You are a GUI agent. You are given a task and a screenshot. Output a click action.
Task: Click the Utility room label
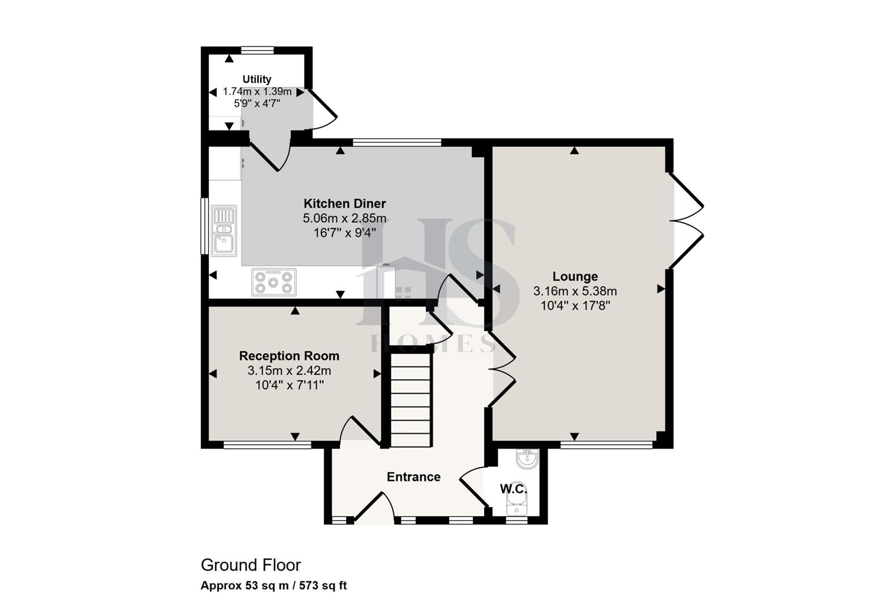click(257, 79)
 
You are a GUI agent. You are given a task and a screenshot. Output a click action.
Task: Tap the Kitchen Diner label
click(344, 204)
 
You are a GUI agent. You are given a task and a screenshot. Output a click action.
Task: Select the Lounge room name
click(575, 277)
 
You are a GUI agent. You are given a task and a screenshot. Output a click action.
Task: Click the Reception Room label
click(289, 356)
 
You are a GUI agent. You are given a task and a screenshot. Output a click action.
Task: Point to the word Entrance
click(413, 477)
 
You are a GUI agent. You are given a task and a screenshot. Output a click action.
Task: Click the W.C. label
click(514, 489)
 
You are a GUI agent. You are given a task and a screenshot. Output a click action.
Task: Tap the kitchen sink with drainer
click(224, 231)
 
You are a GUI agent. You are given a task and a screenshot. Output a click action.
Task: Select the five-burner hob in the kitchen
click(274, 282)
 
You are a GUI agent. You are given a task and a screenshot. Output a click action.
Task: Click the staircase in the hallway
click(411, 400)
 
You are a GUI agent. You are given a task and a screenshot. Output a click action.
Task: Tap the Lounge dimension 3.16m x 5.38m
click(575, 292)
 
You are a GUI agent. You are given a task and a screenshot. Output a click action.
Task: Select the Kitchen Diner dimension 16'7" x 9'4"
click(344, 233)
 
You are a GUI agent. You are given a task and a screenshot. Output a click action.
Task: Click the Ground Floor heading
click(251, 565)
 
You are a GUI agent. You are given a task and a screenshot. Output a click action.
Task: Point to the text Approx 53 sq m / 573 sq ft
click(273, 586)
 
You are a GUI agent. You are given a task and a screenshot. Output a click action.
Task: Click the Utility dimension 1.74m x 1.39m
click(257, 92)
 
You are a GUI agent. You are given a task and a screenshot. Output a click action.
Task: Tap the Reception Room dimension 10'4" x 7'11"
click(289, 385)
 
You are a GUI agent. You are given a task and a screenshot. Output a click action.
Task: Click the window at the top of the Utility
click(256, 50)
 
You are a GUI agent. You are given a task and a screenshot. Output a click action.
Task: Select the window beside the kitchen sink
click(205, 226)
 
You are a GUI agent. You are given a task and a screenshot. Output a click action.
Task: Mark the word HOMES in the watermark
click(432, 343)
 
